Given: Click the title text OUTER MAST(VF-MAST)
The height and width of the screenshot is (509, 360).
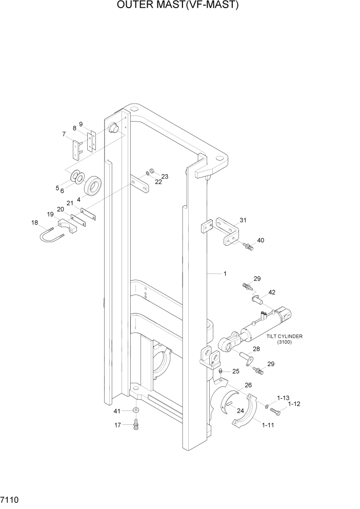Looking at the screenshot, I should coord(179,6).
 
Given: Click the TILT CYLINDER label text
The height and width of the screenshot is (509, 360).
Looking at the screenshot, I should coord(284,337).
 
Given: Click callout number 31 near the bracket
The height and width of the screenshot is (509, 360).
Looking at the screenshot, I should coord(243,221).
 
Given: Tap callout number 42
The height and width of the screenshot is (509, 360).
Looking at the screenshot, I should coord(271,292).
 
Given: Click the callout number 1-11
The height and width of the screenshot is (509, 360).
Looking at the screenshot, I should coord(267,425).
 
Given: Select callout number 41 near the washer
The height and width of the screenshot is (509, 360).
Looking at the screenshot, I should coord(116,411).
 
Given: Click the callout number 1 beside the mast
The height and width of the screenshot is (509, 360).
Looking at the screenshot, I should coord(224,274).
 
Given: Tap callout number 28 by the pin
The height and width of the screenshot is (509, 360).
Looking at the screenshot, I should coord(256,349).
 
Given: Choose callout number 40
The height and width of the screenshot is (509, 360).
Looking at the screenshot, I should coord(261,240).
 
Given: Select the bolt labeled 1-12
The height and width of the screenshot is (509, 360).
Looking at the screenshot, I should coord(277,410).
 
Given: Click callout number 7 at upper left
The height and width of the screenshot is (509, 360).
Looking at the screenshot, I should coord(64,134).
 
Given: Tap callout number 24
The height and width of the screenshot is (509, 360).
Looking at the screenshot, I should coord(239,410).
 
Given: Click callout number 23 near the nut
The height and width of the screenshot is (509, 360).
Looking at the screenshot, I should coord(165,176).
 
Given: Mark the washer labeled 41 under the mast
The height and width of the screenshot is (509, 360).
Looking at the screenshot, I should coord(136,411).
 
